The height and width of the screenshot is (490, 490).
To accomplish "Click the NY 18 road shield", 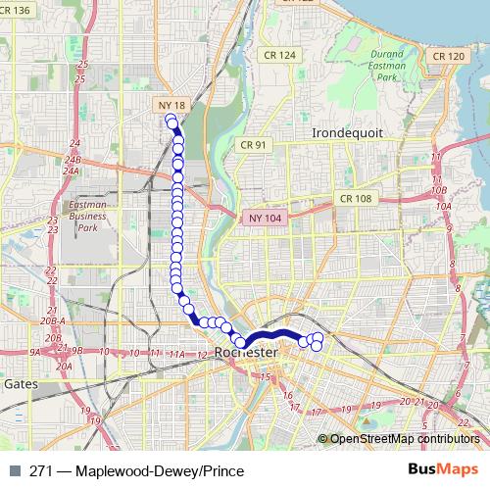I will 171,104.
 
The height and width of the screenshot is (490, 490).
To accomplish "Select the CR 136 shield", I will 17,9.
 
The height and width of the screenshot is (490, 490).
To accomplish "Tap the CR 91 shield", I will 253,145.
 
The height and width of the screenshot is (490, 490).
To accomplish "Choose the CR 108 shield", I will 356,198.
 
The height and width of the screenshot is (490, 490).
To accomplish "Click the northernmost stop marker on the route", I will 171,122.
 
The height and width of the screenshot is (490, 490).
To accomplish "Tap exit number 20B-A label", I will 53,320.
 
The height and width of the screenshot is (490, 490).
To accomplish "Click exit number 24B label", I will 72,158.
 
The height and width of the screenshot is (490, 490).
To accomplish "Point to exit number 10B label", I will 441,189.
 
